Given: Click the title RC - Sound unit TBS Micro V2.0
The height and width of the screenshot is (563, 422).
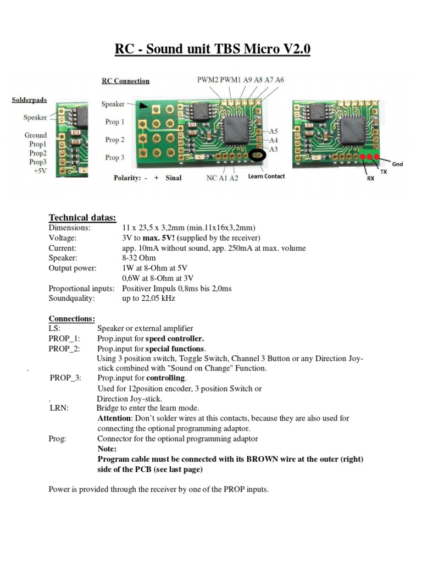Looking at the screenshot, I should click(x=212, y=49).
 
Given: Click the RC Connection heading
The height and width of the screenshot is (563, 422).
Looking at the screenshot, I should click(x=125, y=81).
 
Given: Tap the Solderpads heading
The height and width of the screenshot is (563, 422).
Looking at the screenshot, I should click(x=29, y=100).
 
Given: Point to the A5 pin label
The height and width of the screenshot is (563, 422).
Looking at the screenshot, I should click(x=273, y=131).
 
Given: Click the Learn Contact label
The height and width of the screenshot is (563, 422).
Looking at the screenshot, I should click(x=266, y=176).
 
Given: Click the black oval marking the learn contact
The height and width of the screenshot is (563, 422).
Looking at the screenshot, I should click(x=257, y=156).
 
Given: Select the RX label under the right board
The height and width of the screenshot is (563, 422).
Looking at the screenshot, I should click(x=370, y=179).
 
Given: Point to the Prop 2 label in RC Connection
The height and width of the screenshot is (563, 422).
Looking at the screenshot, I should click(x=115, y=140).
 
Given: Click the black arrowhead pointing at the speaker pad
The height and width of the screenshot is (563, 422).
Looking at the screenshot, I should click(x=142, y=104).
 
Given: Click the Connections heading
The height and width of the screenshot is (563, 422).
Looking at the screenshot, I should click(x=71, y=318).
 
